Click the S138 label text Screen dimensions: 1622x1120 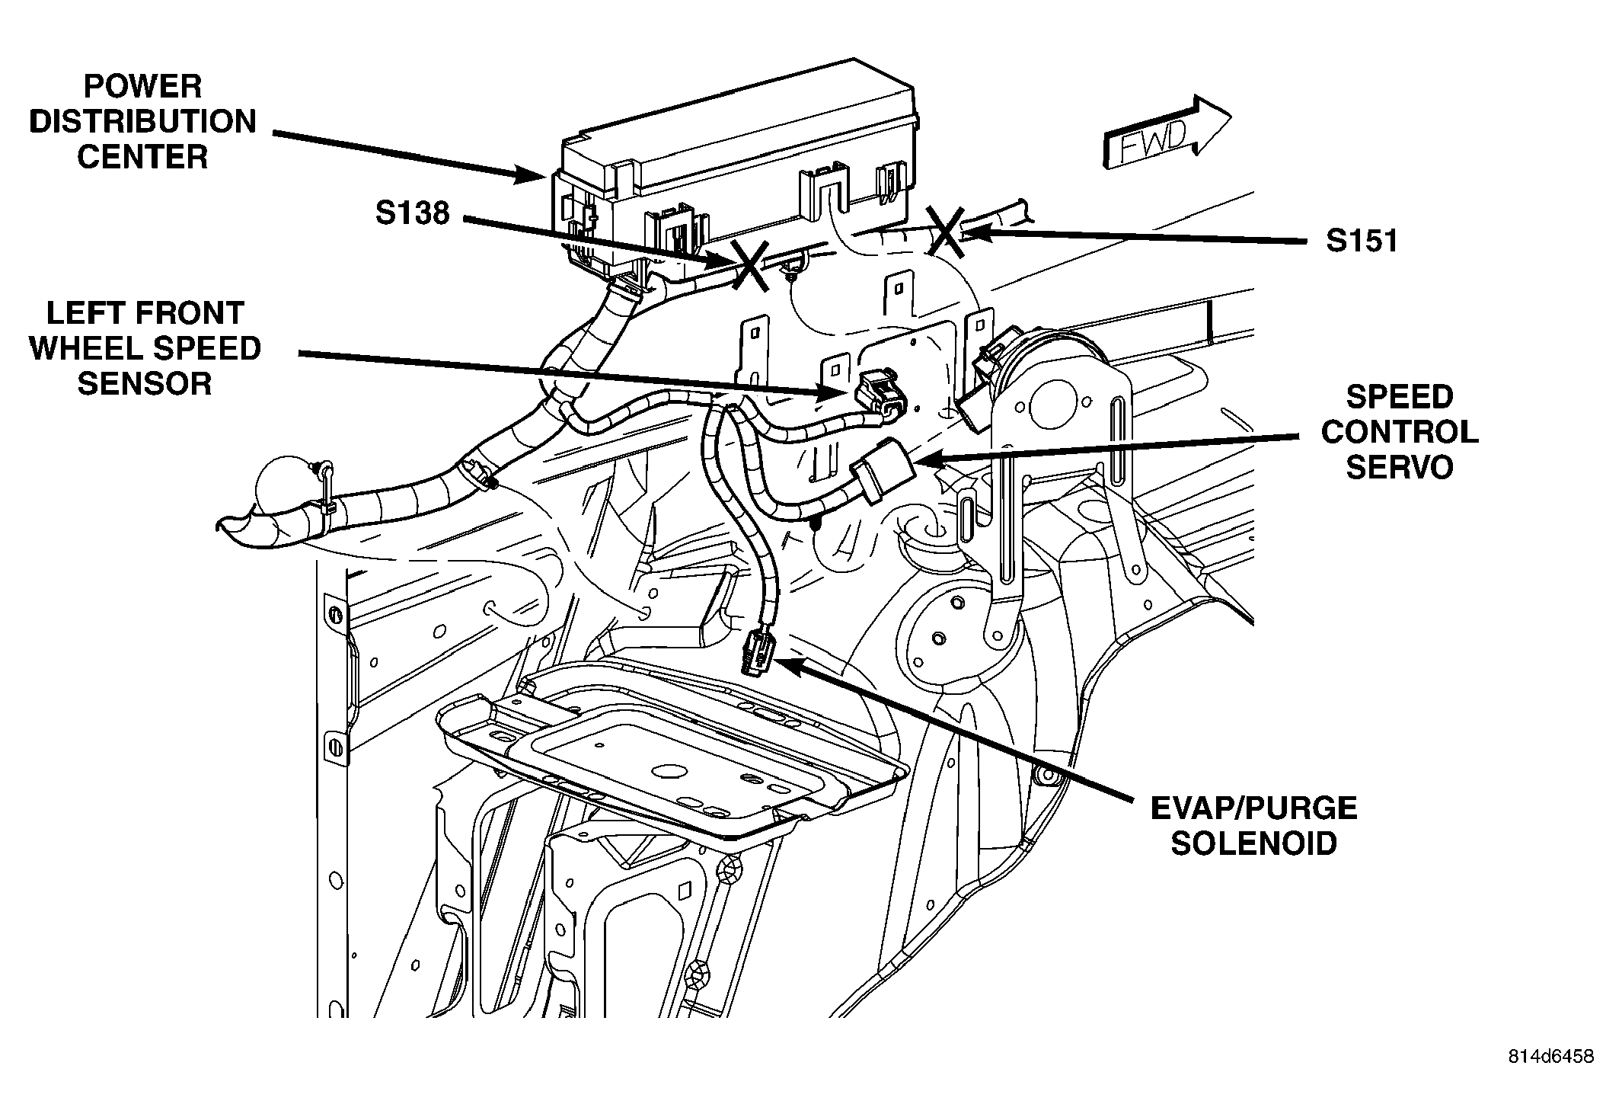click(412, 213)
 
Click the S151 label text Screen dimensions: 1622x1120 click(1362, 241)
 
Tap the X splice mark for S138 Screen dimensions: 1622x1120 click(750, 264)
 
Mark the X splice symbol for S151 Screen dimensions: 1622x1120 click(945, 232)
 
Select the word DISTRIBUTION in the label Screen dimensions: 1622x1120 click(143, 122)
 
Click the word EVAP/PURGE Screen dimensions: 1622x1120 click(1253, 808)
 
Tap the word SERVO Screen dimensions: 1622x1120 click(1400, 467)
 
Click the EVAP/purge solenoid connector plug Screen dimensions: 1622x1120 click(758, 651)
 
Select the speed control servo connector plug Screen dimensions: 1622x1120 click(883, 470)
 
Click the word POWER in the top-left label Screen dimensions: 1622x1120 click(142, 87)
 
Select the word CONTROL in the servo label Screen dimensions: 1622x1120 click(1400, 432)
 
